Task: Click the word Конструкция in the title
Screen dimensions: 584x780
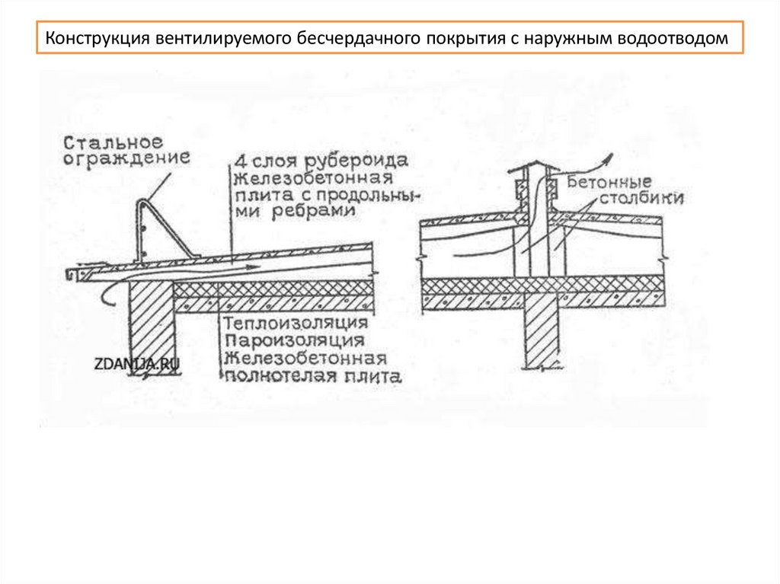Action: [x=97, y=39]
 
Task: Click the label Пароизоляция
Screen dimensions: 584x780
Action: [x=293, y=341]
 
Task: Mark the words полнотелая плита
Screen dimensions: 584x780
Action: [x=312, y=375]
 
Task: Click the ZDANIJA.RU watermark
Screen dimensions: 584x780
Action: [x=137, y=364]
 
